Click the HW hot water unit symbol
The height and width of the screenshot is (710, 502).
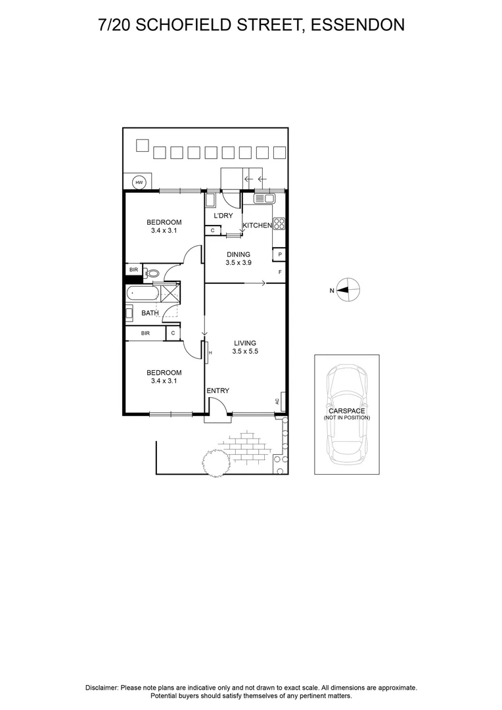[x=139, y=182]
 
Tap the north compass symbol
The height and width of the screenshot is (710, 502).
[x=349, y=290]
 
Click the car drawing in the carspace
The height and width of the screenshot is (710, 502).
[x=346, y=414]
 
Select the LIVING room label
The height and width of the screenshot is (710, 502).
[x=244, y=343]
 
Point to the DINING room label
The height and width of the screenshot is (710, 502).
[x=239, y=254]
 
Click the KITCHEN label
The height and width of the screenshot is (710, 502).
[x=257, y=225]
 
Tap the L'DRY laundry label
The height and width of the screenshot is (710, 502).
[x=223, y=216]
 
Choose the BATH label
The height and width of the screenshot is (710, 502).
[x=150, y=313]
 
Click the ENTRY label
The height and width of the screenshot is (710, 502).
[x=217, y=390]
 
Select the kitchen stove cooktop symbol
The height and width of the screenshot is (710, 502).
[x=279, y=224]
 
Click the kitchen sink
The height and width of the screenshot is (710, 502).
[x=265, y=198]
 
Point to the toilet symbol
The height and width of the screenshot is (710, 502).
[x=152, y=273]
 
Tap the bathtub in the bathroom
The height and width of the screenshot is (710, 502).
[x=142, y=293]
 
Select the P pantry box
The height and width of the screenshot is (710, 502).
[x=280, y=254]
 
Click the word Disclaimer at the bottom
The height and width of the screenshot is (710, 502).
[x=102, y=687]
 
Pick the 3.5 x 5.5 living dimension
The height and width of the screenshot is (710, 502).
[x=244, y=352]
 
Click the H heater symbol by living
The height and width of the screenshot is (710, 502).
[x=210, y=353]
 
